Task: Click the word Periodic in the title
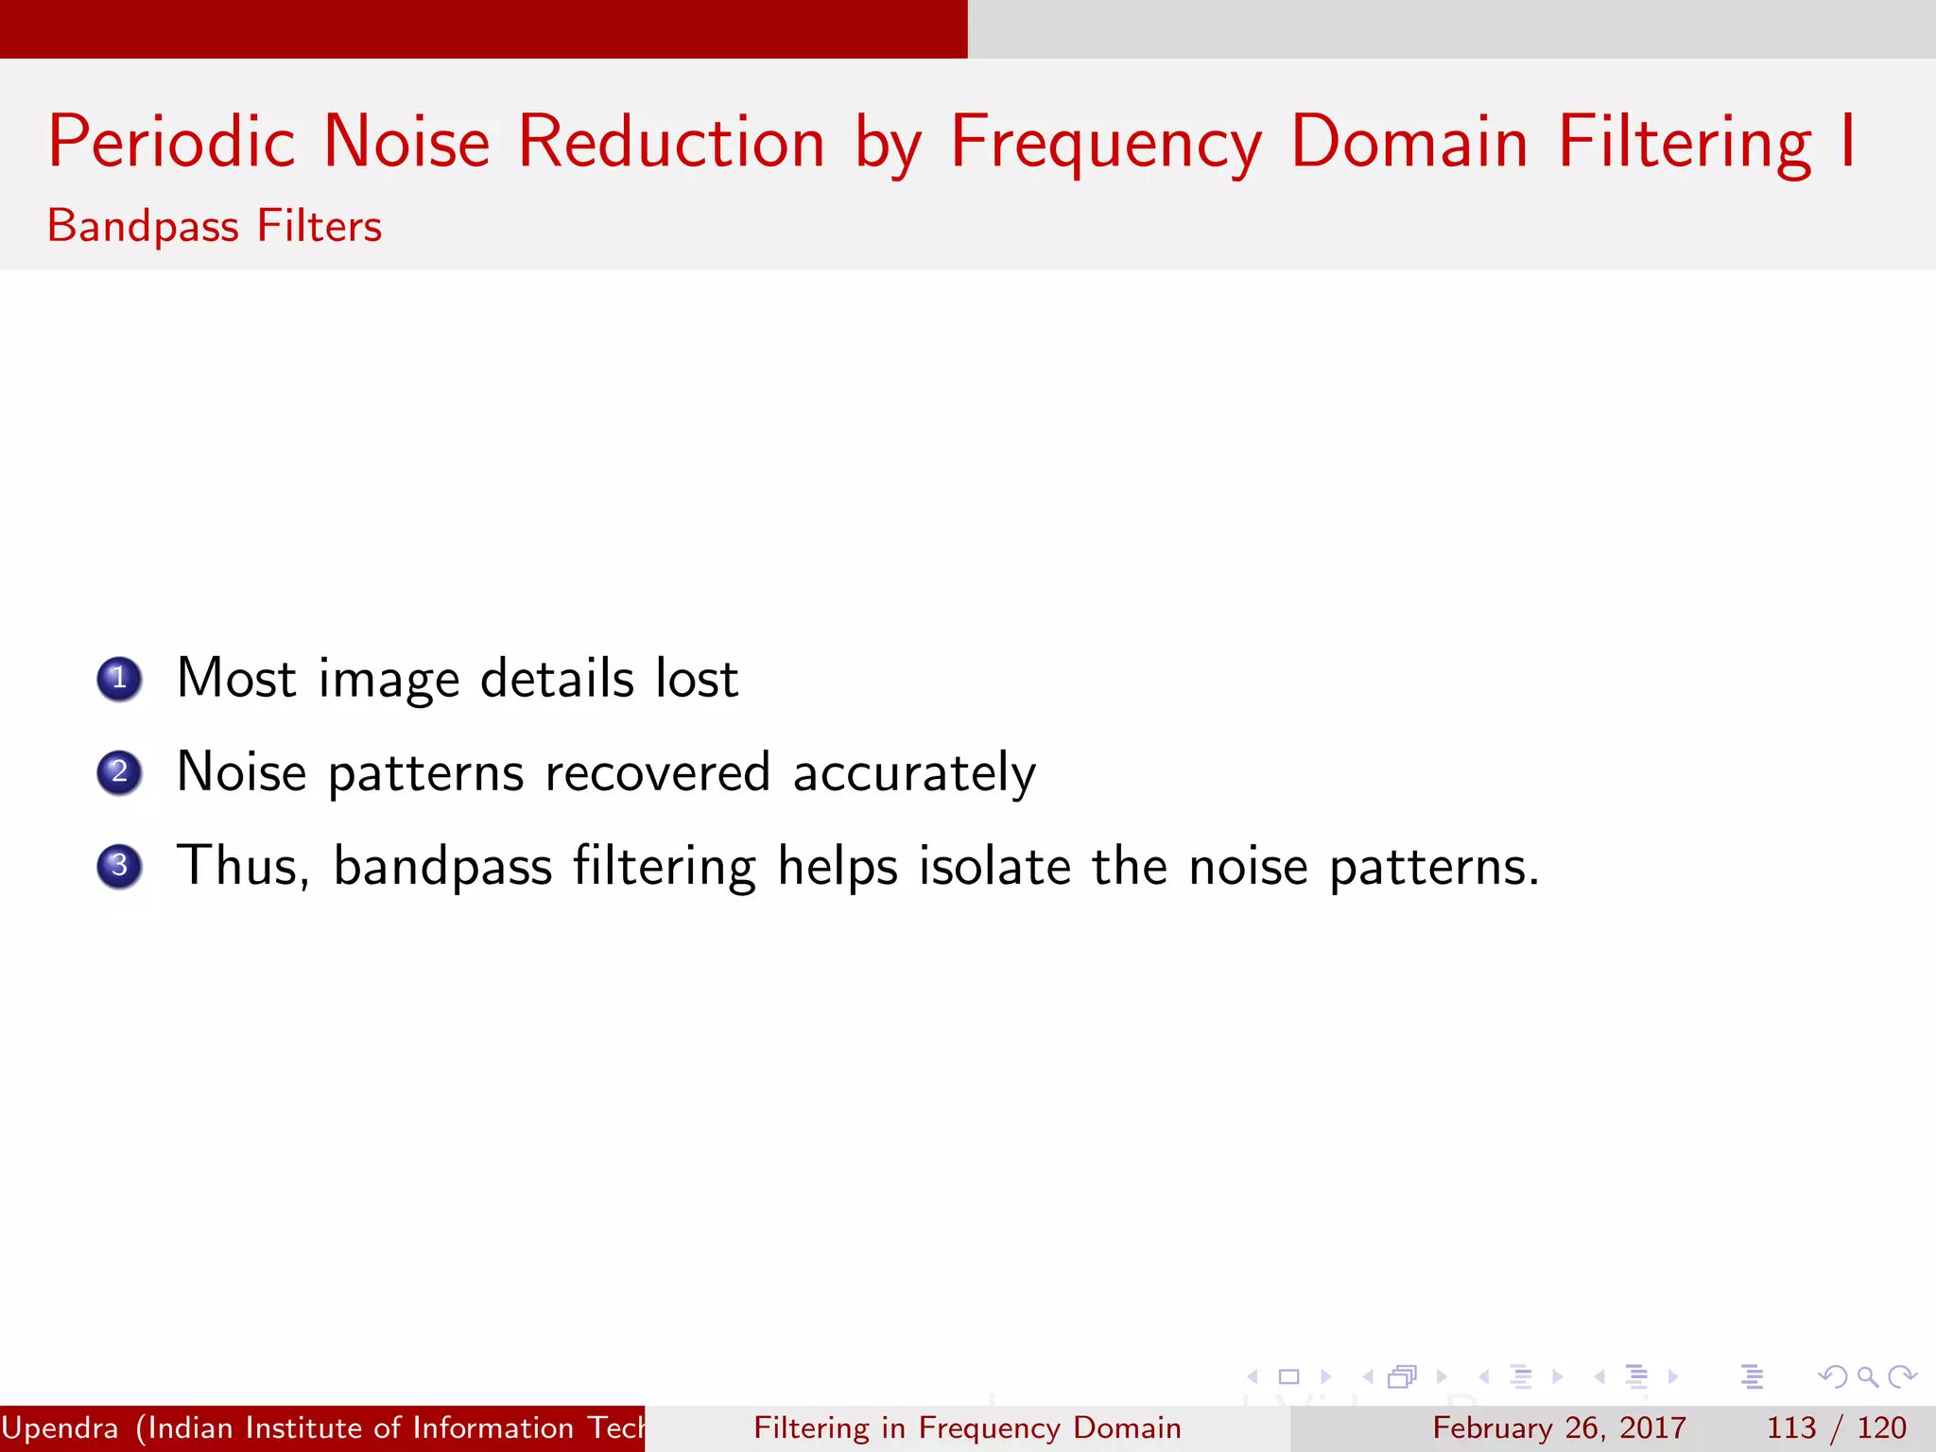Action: [171, 142]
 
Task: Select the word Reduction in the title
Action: [671, 142]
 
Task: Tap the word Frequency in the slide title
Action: [1105, 142]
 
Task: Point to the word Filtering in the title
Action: [1685, 142]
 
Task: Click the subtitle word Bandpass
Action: [143, 227]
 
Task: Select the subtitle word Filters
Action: [320, 227]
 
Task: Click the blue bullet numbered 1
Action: [119, 679]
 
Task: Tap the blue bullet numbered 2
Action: [119, 772]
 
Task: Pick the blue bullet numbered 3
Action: [119, 866]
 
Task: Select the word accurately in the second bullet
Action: [914, 773]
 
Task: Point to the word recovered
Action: [658, 772]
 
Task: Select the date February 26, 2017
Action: [1559, 1427]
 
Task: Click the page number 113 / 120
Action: [1836, 1427]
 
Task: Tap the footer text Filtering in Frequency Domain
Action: [967, 1427]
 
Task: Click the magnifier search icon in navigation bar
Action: [1867, 1376]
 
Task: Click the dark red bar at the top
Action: [483, 28]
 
